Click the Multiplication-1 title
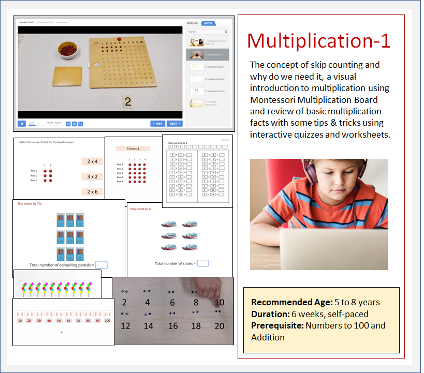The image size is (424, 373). [318, 41]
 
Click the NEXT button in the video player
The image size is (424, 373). [174, 124]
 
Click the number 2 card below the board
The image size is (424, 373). [127, 101]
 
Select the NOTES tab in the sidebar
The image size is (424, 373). [208, 23]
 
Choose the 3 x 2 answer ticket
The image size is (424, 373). [93, 176]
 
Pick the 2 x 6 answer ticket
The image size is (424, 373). [93, 192]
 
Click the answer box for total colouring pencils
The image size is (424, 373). [101, 265]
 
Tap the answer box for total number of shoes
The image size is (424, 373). [203, 263]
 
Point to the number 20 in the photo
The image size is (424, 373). [219, 326]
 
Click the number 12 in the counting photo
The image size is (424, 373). [125, 326]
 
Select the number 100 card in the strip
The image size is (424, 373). [107, 320]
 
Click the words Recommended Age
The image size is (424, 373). [277, 303]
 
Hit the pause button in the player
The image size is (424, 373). [22, 124]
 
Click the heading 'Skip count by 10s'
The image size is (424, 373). [28, 204]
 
